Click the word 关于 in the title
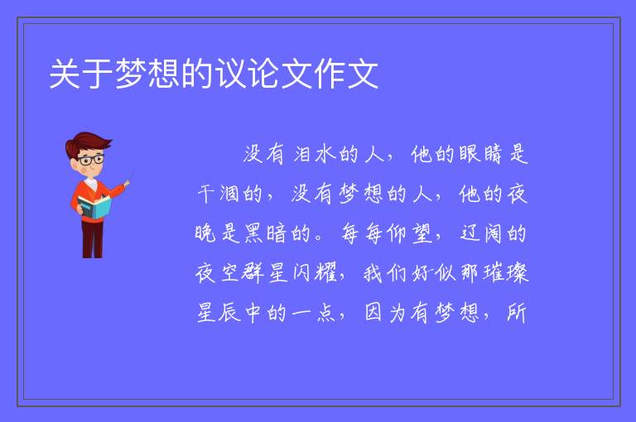pyautogui.click(x=81, y=74)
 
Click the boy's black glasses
pyautogui.click(x=91, y=160)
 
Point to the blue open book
pyautogui.click(x=94, y=208)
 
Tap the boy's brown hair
pyautogui.click(x=88, y=142)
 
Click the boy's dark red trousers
pyautogui.click(x=93, y=239)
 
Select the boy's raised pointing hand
pyautogui.click(x=127, y=184)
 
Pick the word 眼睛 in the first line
pyautogui.click(x=480, y=155)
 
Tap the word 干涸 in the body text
pyautogui.click(x=219, y=194)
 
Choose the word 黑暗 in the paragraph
pyautogui.click(x=265, y=233)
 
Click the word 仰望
pyautogui.click(x=409, y=233)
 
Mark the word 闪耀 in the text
pyautogui.click(x=316, y=273)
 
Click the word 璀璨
pyautogui.click(x=506, y=273)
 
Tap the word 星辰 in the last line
pyautogui.click(x=219, y=313)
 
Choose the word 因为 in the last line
pyautogui.click(x=385, y=313)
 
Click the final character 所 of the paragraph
pyautogui.click(x=517, y=313)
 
